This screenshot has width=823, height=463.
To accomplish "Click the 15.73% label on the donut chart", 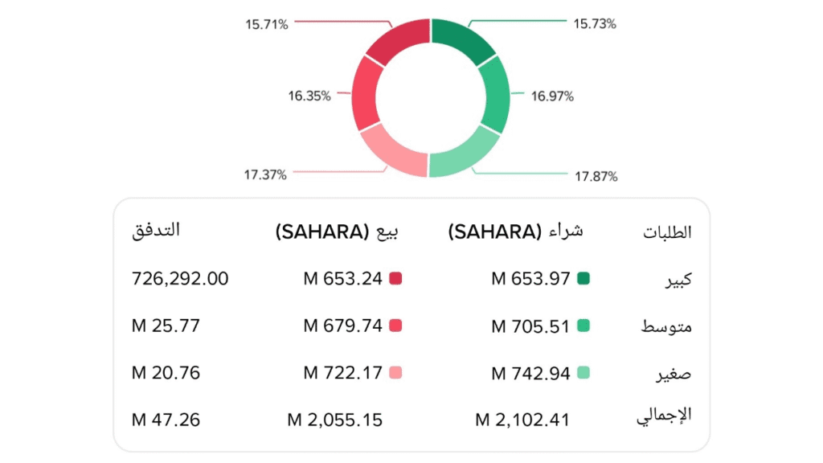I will [595, 24].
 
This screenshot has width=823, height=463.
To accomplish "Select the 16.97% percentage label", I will [552, 96].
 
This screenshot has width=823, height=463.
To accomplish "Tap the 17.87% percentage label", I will [596, 176].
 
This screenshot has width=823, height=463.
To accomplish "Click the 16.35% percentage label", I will [309, 96].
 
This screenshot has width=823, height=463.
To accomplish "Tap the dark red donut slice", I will [395, 40].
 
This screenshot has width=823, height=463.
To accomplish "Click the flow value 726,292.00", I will [179, 279].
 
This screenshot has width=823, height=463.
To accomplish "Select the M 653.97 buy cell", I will [530, 279].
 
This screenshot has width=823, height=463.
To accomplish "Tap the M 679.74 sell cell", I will [342, 326].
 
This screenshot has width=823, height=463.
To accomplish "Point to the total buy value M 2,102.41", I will [527, 420].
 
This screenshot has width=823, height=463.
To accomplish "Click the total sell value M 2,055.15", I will [335, 420].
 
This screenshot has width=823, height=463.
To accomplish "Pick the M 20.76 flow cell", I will [166, 373].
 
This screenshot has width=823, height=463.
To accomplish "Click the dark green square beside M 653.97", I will [583, 279].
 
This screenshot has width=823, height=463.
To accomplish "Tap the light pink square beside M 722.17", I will [395, 373].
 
